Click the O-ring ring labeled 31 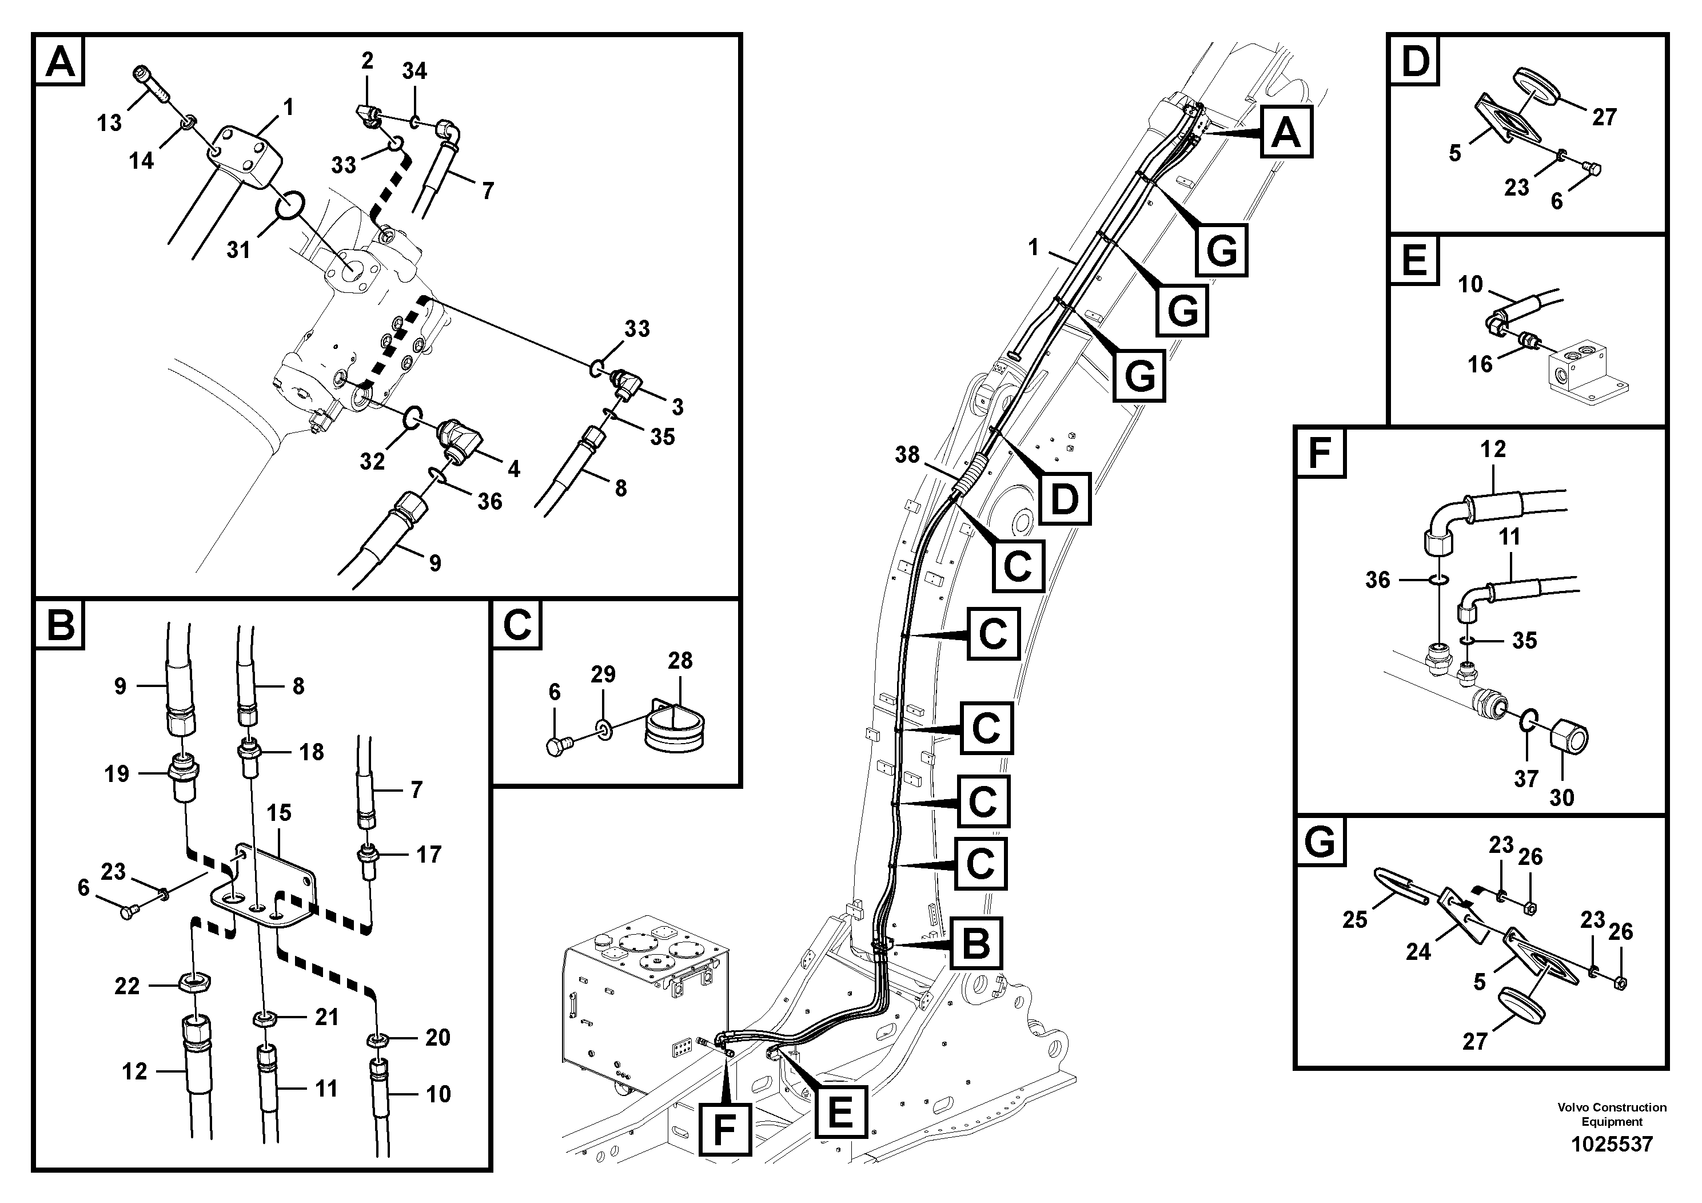(288, 205)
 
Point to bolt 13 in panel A (152, 86)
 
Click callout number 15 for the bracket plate (279, 812)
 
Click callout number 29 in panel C (603, 674)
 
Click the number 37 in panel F (1525, 779)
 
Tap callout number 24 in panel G (1417, 951)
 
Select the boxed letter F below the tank (724, 1130)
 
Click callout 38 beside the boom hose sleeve (907, 455)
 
